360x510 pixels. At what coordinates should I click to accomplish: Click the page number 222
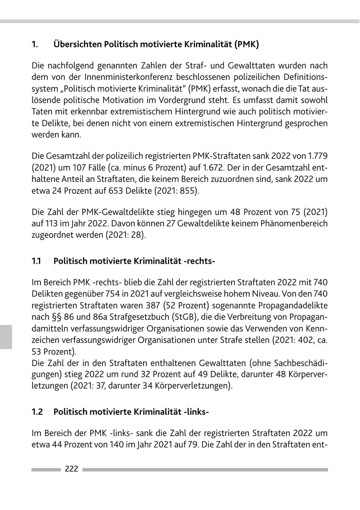point(72,469)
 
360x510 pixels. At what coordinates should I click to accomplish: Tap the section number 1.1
point(36,261)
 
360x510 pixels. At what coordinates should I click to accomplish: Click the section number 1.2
point(37,411)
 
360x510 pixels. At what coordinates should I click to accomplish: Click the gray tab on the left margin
point(6,337)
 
